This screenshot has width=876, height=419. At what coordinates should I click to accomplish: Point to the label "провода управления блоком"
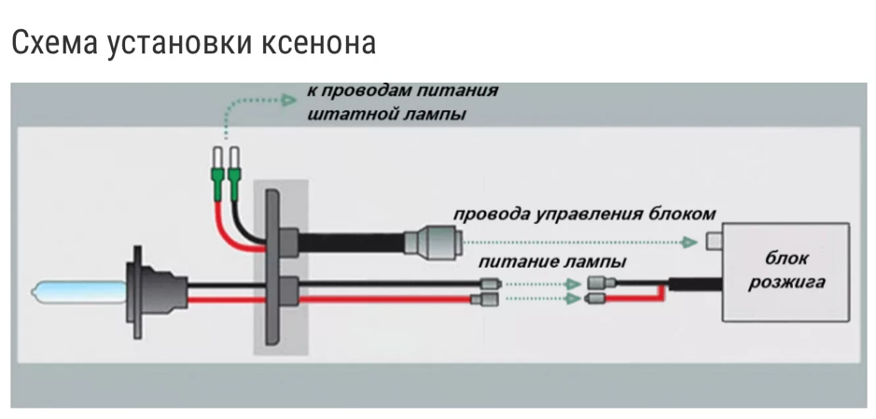point(584,214)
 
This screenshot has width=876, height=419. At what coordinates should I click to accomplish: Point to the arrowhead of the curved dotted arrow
point(289,98)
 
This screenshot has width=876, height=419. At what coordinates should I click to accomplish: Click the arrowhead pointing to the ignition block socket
point(688,242)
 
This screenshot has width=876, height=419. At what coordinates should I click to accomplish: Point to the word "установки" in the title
point(181,42)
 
